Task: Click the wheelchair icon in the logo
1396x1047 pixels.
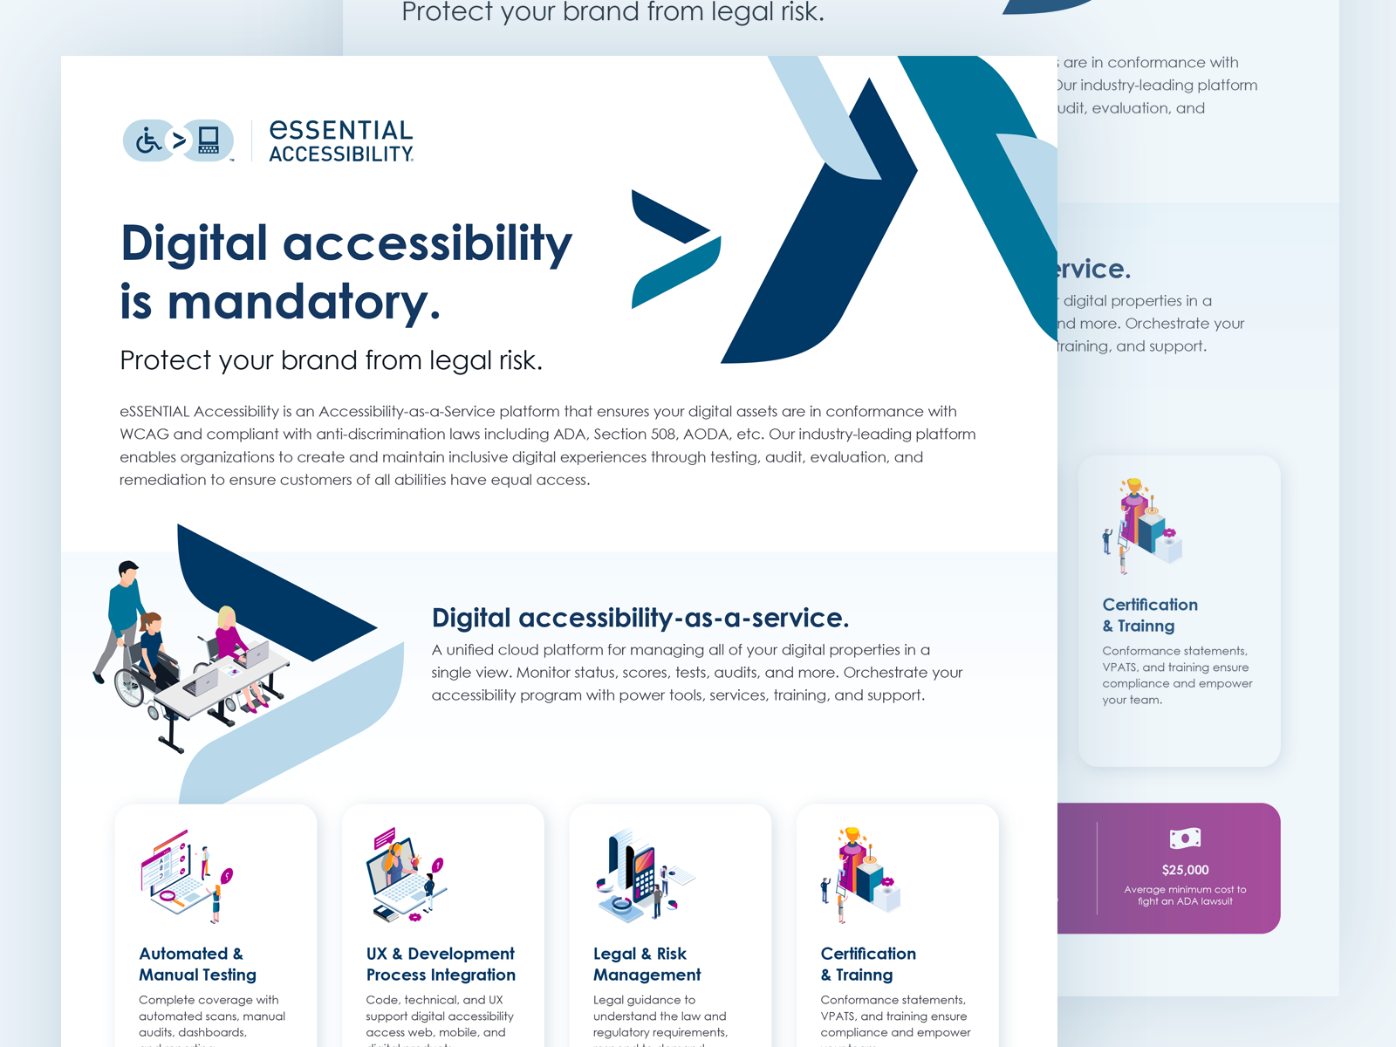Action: point(149,140)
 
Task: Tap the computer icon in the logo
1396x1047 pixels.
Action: point(209,140)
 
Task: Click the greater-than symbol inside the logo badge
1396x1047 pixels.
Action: point(179,140)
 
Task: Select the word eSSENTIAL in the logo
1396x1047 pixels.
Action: point(341,130)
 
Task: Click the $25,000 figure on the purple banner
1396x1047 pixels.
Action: point(1185,870)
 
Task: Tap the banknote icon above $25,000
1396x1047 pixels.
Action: point(1185,838)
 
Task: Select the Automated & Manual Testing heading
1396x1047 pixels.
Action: point(198,964)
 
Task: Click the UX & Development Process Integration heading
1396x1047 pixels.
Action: point(441,964)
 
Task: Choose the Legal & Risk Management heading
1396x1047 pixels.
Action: point(647,964)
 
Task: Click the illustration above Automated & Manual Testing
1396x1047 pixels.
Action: point(187,875)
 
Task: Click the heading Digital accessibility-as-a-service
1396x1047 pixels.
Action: point(640,618)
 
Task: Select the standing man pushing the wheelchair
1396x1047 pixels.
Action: point(123,616)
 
